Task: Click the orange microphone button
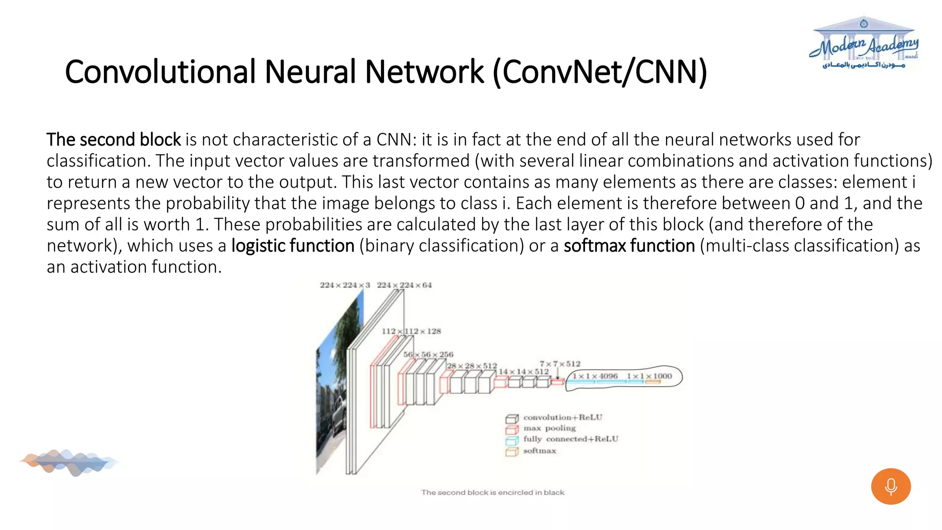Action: click(890, 486)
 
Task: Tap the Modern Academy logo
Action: click(864, 44)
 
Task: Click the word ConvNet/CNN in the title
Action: click(599, 72)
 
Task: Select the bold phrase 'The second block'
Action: click(114, 139)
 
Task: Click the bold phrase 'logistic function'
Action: click(293, 246)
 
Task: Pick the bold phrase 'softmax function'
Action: click(629, 246)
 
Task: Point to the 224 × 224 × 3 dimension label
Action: click(345, 285)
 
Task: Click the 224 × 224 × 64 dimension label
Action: click(404, 285)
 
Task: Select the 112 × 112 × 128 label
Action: click(411, 331)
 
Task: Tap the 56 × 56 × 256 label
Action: click(428, 354)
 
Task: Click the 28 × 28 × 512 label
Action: click(471, 366)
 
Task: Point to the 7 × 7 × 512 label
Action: click(560, 363)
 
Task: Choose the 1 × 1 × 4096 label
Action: click(595, 376)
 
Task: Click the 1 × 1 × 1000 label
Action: click(649, 376)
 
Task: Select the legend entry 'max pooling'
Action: click(549, 428)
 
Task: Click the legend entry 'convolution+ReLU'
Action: click(562, 417)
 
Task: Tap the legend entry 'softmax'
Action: click(539, 451)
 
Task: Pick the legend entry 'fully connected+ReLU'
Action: click(570, 439)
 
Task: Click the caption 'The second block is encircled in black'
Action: click(493, 492)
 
